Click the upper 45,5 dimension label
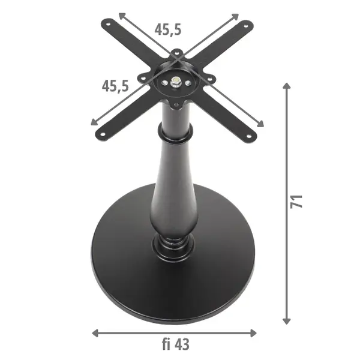[168, 29]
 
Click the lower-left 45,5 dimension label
[115, 86]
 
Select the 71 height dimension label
[296, 202]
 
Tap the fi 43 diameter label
[176, 344]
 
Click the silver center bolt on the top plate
[176, 81]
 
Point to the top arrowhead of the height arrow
[287, 86]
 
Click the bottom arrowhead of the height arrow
[287, 321]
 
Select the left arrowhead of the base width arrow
[95, 333]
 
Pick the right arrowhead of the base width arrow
[253, 333]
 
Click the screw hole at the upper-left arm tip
[108, 23]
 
